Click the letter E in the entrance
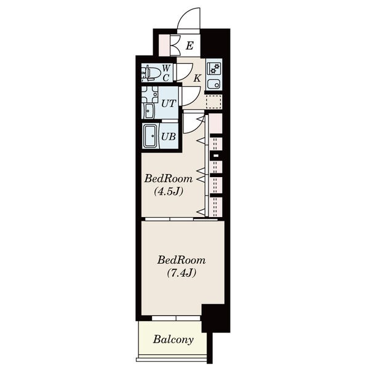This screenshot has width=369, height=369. [189, 46]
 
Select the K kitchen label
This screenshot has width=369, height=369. [197, 78]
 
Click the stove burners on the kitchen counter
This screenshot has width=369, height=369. [214, 68]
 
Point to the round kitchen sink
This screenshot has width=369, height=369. [214, 84]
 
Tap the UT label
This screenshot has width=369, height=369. [169, 103]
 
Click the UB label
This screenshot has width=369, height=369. [169, 137]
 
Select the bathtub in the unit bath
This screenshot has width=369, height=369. [150, 137]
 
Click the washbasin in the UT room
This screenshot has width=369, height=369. [149, 111]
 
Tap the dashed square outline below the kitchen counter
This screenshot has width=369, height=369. [213, 101]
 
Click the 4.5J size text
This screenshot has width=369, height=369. [169, 192]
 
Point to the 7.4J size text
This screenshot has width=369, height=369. [181, 273]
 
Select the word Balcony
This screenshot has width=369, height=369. [173, 339]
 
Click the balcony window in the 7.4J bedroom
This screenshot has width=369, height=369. [176, 318]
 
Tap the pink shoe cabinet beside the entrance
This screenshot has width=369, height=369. [164, 46]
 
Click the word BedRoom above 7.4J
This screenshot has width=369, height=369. [181, 260]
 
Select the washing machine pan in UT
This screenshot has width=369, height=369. [149, 94]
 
